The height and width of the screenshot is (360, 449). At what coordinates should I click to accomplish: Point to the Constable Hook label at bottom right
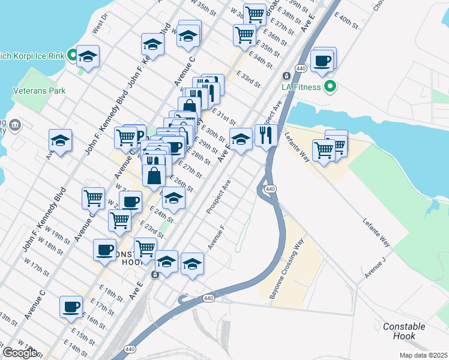point(404,332)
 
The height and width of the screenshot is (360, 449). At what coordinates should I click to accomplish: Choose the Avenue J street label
point(375,264)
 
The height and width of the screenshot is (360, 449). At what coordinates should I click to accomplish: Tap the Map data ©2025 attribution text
point(423,355)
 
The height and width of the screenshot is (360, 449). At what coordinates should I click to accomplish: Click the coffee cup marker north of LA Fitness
point(322,61)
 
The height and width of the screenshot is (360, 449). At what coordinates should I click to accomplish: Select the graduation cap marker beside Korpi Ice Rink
point(88,57)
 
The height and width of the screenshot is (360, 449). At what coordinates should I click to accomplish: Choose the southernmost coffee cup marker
point(71,307)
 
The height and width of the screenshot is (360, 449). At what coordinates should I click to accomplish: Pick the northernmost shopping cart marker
point(255,13)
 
